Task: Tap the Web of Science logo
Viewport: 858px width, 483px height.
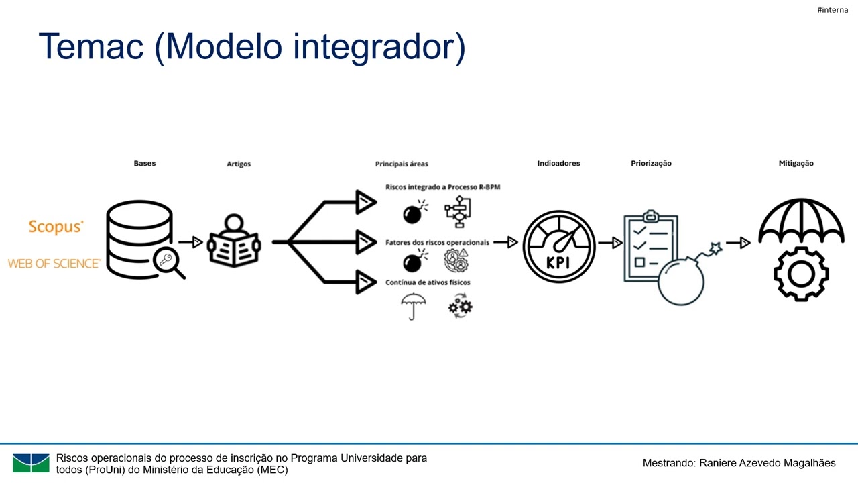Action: (x=54, y=264)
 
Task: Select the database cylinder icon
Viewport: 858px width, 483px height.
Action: (x=139, y=239)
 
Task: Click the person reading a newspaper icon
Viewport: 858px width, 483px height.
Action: (x=234, y=242)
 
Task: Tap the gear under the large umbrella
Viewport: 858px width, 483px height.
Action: (x=801, y=274)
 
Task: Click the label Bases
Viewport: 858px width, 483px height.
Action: (x=144, y=163)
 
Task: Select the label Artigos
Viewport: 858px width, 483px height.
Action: (x=239, y=164)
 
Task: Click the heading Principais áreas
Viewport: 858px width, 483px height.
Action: (x=402, y=164)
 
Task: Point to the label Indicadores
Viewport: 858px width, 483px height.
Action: (x=558, y=163)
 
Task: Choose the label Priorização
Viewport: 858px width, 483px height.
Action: (x=651, y=163)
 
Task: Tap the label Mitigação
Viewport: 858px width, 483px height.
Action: (x=796, y=163)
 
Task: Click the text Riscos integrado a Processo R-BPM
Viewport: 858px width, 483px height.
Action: (x=442, y=187)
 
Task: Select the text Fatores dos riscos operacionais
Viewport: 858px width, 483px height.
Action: (x=437, y=242)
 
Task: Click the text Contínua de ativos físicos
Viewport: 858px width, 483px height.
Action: (x=428, y=282)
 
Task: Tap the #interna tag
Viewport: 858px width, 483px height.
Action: (x=833, y=9)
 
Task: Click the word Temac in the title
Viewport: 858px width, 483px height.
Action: (x=92, y=47)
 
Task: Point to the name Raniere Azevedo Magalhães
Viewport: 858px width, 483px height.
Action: (x=768, y=463)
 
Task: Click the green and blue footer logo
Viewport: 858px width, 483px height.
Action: (x=31, y=463)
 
